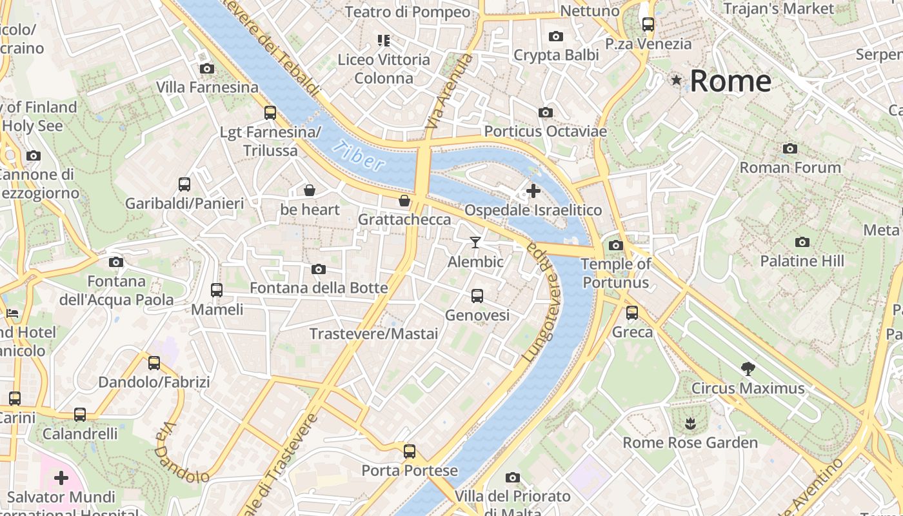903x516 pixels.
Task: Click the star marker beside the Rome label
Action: [676, 81]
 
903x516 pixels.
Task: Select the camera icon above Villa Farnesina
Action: [206, 68]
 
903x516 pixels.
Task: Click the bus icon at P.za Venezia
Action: [648, 25]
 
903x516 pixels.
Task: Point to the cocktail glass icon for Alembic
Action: [475, 242]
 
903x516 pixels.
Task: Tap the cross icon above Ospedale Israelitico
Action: [533, 190]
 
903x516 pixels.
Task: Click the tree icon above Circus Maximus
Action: [748, 369]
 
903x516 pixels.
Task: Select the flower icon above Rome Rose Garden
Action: [690, 423]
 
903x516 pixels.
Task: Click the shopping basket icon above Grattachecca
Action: [404, 201]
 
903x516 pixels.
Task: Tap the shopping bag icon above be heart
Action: [310, 190]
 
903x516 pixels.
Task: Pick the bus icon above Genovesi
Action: [477, 296]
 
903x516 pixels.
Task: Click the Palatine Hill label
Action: [802, 261]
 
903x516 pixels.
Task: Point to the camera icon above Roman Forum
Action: [789, 148]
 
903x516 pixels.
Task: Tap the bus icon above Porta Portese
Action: [409, 451]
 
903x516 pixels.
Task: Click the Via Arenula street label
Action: [450, 90]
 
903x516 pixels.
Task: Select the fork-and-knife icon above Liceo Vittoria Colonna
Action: [384, 41]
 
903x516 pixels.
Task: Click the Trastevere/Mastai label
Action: [373, 333]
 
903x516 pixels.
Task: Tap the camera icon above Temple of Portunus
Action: [615, 245]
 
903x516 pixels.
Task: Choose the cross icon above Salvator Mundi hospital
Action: [61, 478]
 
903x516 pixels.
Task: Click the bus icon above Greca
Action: [632, 313]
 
